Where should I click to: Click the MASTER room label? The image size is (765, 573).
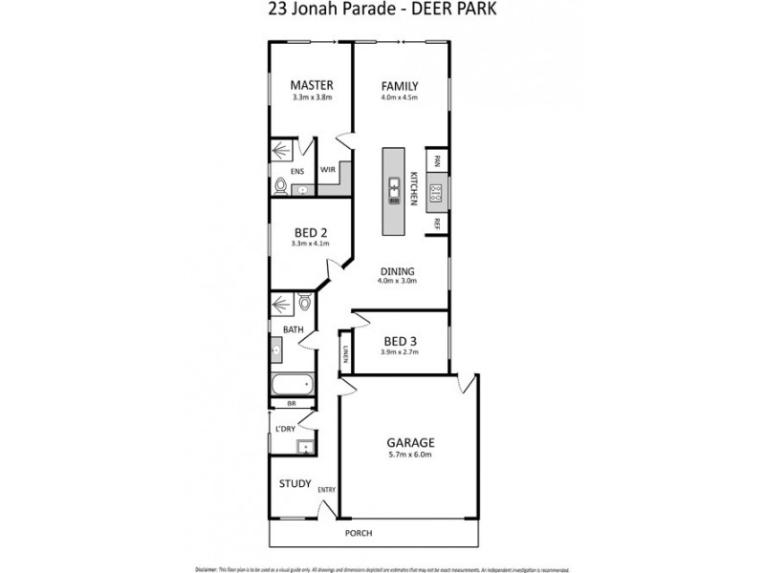[x=311, y=85]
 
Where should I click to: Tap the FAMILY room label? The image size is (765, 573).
[x=400, y=85]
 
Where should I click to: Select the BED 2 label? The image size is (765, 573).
[x=311, y=232]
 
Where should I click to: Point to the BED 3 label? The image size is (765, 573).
[x=400, y=341]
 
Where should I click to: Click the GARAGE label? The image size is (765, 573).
[x=410, y=443]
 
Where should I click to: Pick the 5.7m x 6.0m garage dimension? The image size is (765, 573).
[x=410, y=456]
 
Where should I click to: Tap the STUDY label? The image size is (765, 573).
[x=295, y=483]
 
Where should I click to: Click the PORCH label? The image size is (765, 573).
[x=359, y=533]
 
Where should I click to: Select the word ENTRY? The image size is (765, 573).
[x=326, y=491]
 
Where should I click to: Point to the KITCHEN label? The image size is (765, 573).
[x=414, y=188]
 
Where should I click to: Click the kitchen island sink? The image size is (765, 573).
[x=393, y=192]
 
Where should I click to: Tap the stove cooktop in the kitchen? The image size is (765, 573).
[x=436, y=193]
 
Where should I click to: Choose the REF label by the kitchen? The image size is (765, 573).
[x=436, y=224]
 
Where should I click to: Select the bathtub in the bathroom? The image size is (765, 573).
[x=293, y=385]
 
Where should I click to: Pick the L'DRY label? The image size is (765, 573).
[x=285, y=428]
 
